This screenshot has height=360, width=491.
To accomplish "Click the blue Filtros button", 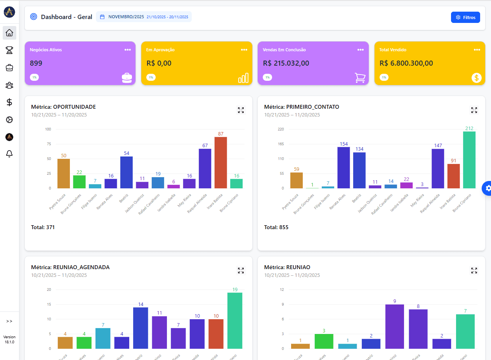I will pyautogui.click(x=465, y=17).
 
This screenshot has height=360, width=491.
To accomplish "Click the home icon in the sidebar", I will pyautogui.click(x=9, y=33).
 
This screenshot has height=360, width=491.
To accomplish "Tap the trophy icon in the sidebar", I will pyautogui.click(x=9, y=50).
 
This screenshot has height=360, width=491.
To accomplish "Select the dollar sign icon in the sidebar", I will pyautogui.click(x=9, y=102).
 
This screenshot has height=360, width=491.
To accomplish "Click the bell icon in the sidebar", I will pyautogui.click(x=9, y=154).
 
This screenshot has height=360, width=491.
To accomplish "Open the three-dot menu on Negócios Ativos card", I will pyautogui.click(x=128, y=50).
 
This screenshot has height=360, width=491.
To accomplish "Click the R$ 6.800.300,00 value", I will pyautogui.click(x=406, y=63).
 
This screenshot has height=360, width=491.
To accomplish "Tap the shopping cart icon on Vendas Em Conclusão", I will pyautogui.click(x=360, y=78).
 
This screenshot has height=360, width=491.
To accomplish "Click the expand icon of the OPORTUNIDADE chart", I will pyautogui.click(x=241, y=110).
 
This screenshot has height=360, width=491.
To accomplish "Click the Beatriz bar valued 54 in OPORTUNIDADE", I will pyautogui.click(x=127, y=172).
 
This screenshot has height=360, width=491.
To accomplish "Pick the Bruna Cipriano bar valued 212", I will pyautogui.click(x=469, y=160).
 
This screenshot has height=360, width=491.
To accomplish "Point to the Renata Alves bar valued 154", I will pyautogui.click(x=344, y=167).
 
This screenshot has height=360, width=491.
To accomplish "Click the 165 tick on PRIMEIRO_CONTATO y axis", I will pyautogui.click(x=281, y=144).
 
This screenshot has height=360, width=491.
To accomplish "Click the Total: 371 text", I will pyautogui.click(x=43, y=227).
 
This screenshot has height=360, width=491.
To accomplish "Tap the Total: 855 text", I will pyautogui.click(x=276, y=227).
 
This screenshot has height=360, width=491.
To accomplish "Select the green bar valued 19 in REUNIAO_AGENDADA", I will pyautogui.click(x=235, y=320).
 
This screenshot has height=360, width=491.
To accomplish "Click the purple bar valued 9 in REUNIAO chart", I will pyautogui.click(x=394, y=326).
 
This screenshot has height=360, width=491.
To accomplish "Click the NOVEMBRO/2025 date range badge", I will pyautogui.click(x=144, y=17).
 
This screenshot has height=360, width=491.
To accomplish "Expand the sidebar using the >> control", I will pyautogui.click(x=9, y=321).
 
